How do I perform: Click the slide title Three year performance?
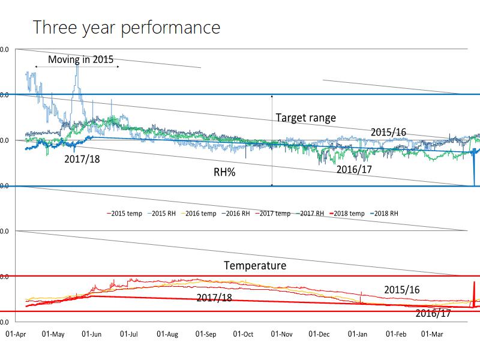pyautogui.click(x=127, y=27)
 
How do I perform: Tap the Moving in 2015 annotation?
pyautogui.click(x=80, y=59)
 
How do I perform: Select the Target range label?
pyautogui.click(x=305, y=118)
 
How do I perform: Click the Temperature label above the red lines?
pyautogui.click(x=255, y=265)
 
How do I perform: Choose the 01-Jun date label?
pyautogui.click(x=91, y=333)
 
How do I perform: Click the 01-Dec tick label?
pyautogui.click(x=319, y=333)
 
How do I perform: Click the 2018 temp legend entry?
pyautogui.click(x=349, y=213)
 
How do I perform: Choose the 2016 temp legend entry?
pyautogui.click(x=199, y=213)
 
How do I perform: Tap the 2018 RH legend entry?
pyautogui.click(x=386, y=213)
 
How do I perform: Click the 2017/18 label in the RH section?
pyautogui.click(x=82, y=160)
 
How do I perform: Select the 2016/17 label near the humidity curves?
pyautogui.click(x=354, y=169)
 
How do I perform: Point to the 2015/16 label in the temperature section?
pyautogui.click(x=401, y=290)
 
